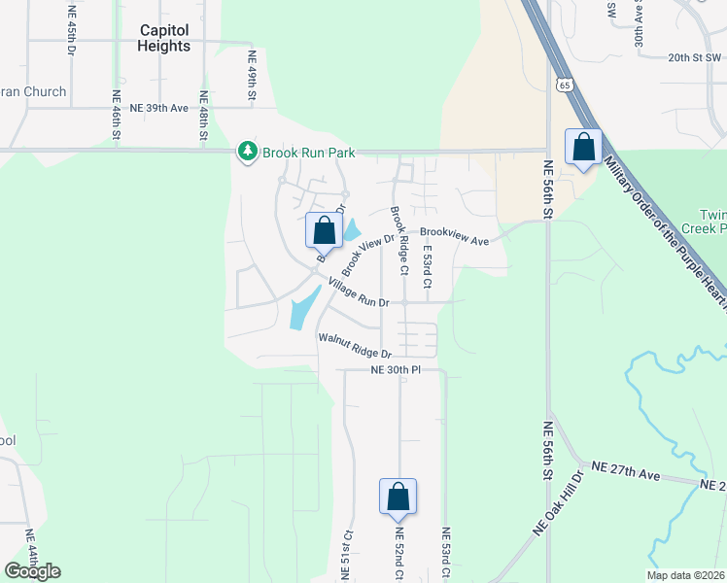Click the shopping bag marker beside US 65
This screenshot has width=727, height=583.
tap(583, 148)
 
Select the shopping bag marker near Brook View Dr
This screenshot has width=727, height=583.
tap(324, 230)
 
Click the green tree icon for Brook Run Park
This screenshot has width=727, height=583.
tap(248, 152)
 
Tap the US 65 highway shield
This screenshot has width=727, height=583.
tap(565, 85)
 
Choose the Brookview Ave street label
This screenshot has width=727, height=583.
tap(454, 232)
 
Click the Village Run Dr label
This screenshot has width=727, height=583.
tap(358, 292)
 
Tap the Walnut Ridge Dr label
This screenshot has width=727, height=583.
tap(355, 346)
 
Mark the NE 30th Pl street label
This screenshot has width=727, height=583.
tap(396, 370)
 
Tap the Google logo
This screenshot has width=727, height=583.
tap(32, 571)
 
